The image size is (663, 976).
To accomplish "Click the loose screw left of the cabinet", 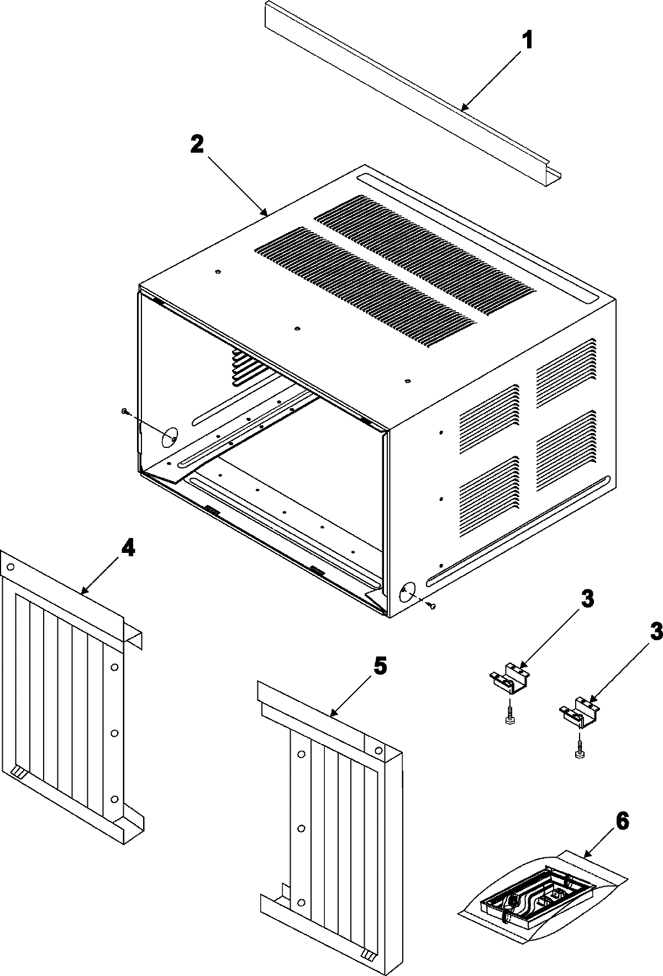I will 125,411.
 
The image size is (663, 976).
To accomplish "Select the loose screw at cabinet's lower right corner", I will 432,606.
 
